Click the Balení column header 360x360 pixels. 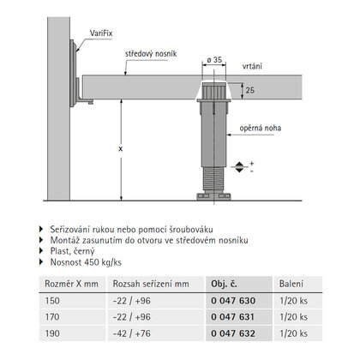pos(291,283)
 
